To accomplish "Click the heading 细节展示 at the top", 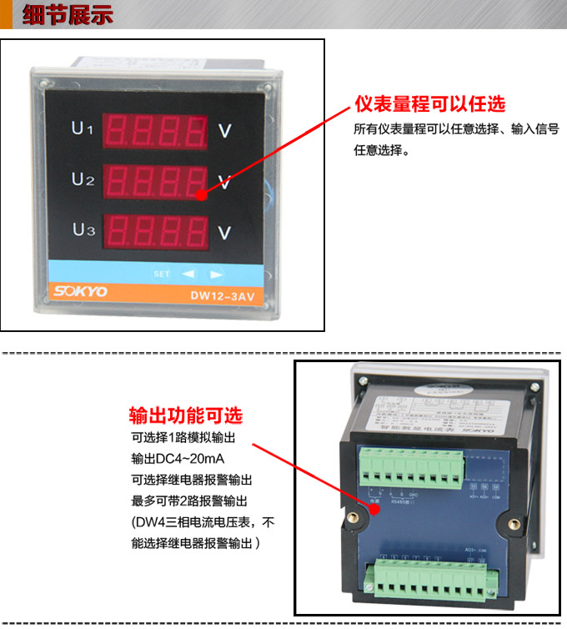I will click(68, 16).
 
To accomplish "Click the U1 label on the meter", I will click(82, 129).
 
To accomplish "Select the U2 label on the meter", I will click(82, 179).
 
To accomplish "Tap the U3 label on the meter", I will click(83, 229).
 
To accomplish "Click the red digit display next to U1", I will click(157, 130).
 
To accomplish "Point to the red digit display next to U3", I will click(157, 229).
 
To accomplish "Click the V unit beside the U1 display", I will click(224, 131).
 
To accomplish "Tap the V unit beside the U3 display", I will click(224, 232).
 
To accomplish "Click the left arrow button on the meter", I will click(188, 274).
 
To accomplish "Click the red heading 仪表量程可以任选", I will click(429, 104).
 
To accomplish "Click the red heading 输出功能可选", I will click(186, 415).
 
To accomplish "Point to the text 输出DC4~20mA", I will click(178, 459).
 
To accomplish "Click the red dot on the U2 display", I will click(201, 194).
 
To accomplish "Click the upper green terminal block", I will click(410, 468).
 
